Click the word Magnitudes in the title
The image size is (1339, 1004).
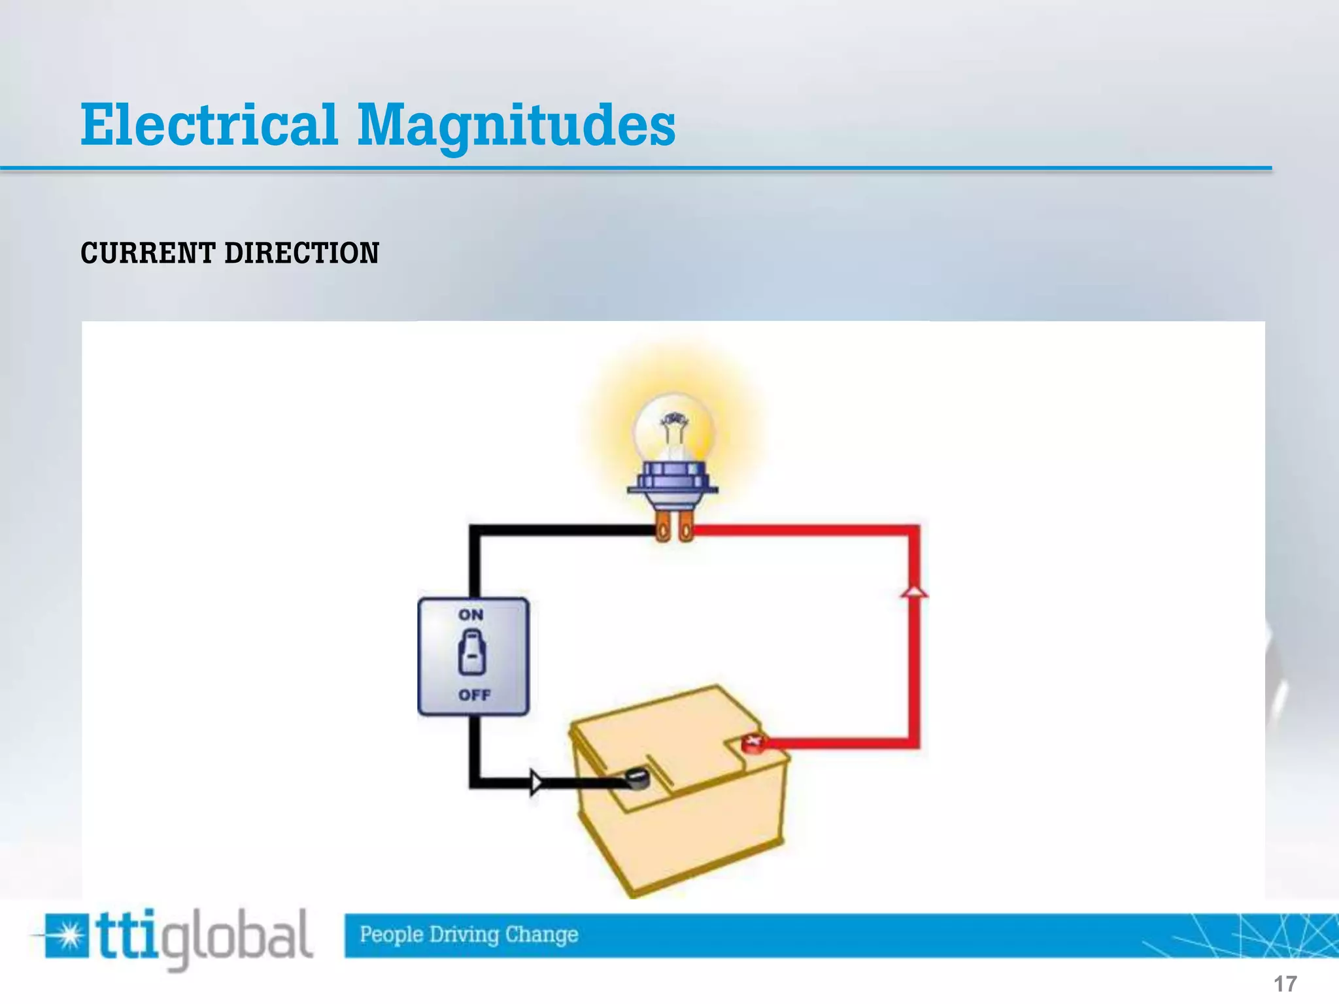(517, 125)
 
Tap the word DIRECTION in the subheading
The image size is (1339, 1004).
(301, 254)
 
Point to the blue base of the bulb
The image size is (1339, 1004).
(673, 481)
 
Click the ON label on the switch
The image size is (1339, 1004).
(471, 615)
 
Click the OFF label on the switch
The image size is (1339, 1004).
(474, 695)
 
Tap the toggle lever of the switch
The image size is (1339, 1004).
(472, 652)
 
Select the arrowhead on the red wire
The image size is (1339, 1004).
(914, 591)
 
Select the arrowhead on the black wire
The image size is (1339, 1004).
(536, 782)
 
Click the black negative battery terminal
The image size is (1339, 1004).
(636, 778)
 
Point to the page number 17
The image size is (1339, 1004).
(1285, 984)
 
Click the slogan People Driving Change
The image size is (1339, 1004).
(469, 935)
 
